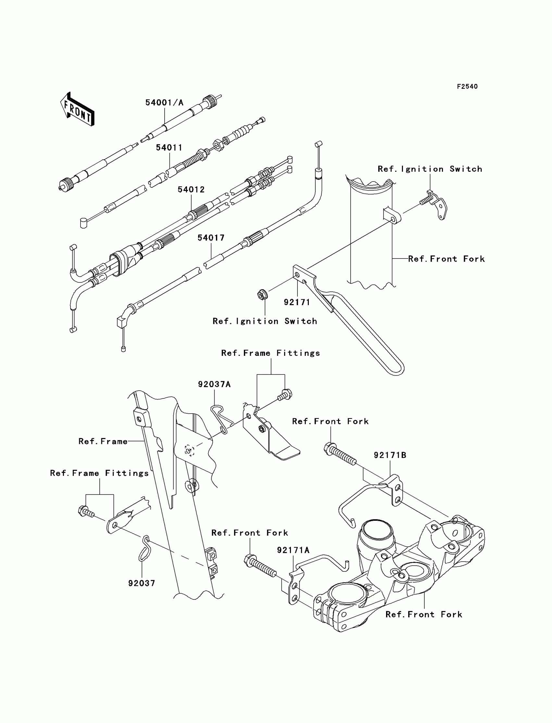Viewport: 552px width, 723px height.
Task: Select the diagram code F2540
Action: point(467,87)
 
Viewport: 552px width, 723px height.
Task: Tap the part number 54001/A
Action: point(164,103)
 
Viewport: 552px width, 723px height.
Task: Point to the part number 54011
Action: point(169,147)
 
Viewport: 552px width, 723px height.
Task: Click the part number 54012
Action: point(191,190)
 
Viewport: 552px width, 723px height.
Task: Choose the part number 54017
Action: point(211,238)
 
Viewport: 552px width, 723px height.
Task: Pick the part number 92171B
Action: point(390,455)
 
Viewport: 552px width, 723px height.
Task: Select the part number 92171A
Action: point(293,550)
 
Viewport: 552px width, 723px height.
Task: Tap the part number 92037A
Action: point(214,384)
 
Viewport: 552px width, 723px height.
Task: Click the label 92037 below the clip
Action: point(142,583)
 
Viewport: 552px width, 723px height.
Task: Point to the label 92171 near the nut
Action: point(297,302)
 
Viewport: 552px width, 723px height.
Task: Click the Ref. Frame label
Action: point(103,441)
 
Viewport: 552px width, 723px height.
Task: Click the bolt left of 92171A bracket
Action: point(259,565)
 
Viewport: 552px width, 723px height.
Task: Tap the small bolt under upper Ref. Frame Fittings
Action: point(284,395)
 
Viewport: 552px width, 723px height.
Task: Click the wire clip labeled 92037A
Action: point(221,419)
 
